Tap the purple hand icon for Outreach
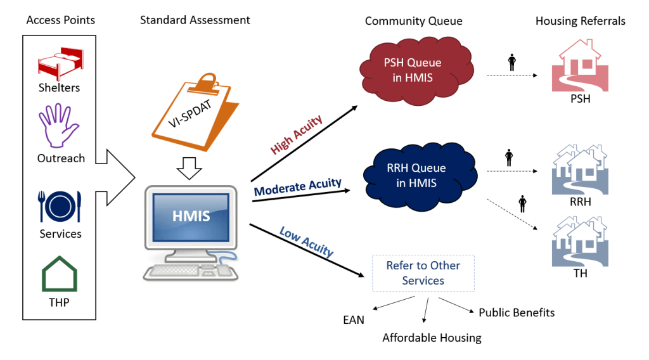click(x=59, y=127)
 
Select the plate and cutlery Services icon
click(x=60, y=205)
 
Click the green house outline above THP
click(x=60, y=273)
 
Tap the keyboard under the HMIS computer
click(x=191, y=271)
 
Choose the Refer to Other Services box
click(x=423, y=273)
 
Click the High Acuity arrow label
click(x=297, y=135)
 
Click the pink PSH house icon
click(x=580, y=66)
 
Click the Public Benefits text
click(x=517, y=312)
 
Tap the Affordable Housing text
click(x=432, y=338)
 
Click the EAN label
click(x=354, y=319)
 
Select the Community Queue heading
click(x=413, y=21)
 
